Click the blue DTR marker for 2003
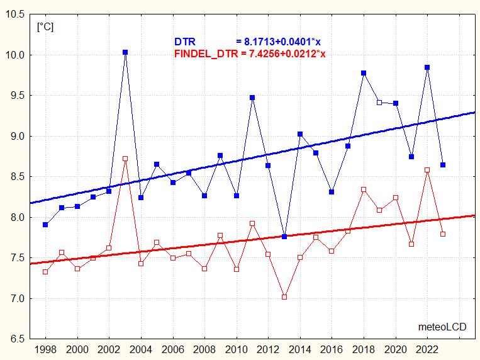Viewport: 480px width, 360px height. point(125,52)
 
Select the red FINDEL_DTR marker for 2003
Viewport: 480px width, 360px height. point(125,159)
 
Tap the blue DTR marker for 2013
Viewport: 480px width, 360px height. point(284,237)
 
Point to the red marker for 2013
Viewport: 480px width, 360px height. point(284,296)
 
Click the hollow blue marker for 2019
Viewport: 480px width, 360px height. point(379,102)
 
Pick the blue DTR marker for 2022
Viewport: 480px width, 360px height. point(427,67)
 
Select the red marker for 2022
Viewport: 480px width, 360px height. point(427,170)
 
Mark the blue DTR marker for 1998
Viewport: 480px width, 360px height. point(45,225)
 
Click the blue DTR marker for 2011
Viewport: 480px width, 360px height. point(252,98)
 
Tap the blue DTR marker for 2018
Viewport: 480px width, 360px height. point(364,73)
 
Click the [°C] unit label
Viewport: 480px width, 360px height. point(45,27)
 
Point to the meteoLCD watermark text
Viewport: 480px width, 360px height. point(442,327)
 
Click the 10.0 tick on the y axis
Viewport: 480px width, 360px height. point(15,55)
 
